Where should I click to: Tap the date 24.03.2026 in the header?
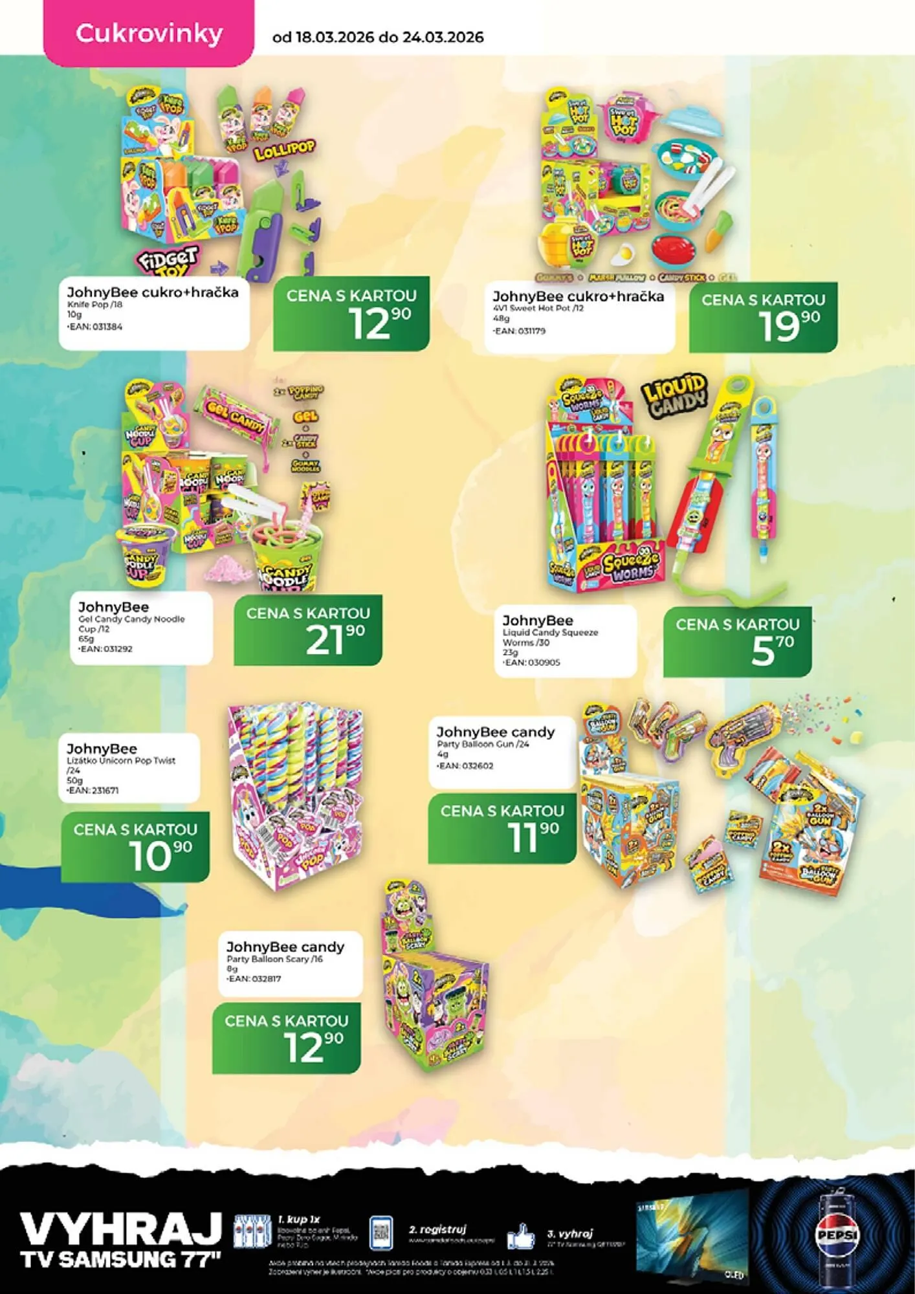tap(443, 37)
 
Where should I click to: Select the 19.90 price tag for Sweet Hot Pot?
tap(764, 318)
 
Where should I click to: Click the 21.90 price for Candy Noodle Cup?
tap(308, 630)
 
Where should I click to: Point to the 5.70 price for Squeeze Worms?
tap(738, 642)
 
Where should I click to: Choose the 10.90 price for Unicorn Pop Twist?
tap(135, 847)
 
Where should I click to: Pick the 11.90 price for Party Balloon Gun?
tap(502, 828)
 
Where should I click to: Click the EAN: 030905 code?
tap(532, 663)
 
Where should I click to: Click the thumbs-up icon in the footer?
tap(521, 1236)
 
